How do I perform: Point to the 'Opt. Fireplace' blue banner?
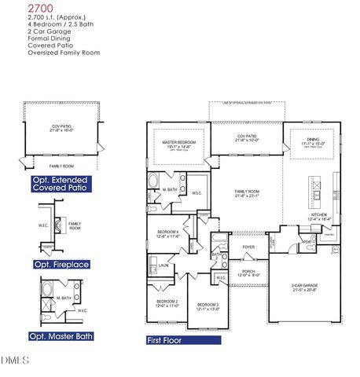tap(59, 263)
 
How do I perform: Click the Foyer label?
tap(248, 247)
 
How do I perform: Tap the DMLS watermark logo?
tap(15, 361)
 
